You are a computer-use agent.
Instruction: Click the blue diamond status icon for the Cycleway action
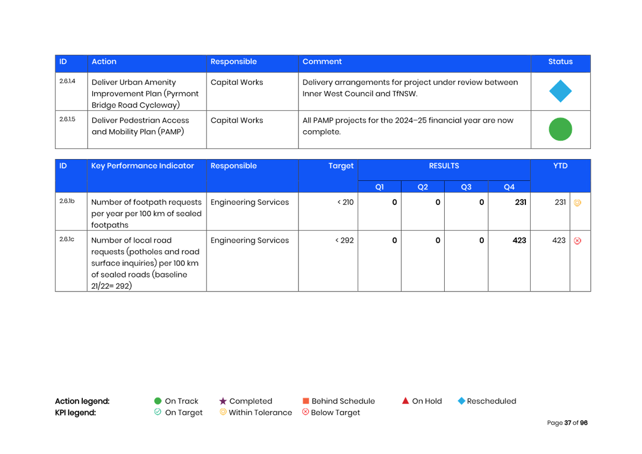point(560,91)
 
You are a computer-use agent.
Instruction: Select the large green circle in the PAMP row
point(560,130)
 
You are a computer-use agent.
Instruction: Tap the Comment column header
point(322,62)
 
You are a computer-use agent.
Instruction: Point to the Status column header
point(560,62)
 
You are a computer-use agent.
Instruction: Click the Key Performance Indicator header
point(142,166)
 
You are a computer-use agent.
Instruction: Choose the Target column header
point(341,166)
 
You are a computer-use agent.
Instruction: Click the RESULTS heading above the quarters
point(444,166)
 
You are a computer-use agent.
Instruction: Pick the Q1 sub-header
point(380,187)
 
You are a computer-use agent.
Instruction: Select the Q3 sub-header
point(466,187)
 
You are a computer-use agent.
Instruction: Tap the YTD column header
point(560,166)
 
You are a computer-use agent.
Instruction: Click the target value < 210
point(345,202)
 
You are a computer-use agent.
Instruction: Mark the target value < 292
point(345,240)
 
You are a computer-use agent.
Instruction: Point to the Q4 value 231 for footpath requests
point(520,202)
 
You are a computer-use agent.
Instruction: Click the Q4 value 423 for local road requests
point(519,240)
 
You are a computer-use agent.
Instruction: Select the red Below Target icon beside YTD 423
point(577,241)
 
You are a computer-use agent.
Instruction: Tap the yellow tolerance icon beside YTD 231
point(577,203)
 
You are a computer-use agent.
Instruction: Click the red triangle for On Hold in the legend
point(405,401)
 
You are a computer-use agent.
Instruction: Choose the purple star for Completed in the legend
point(223,401)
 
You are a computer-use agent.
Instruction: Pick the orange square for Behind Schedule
point(306,401)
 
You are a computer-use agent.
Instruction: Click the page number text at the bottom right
point(567,423)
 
